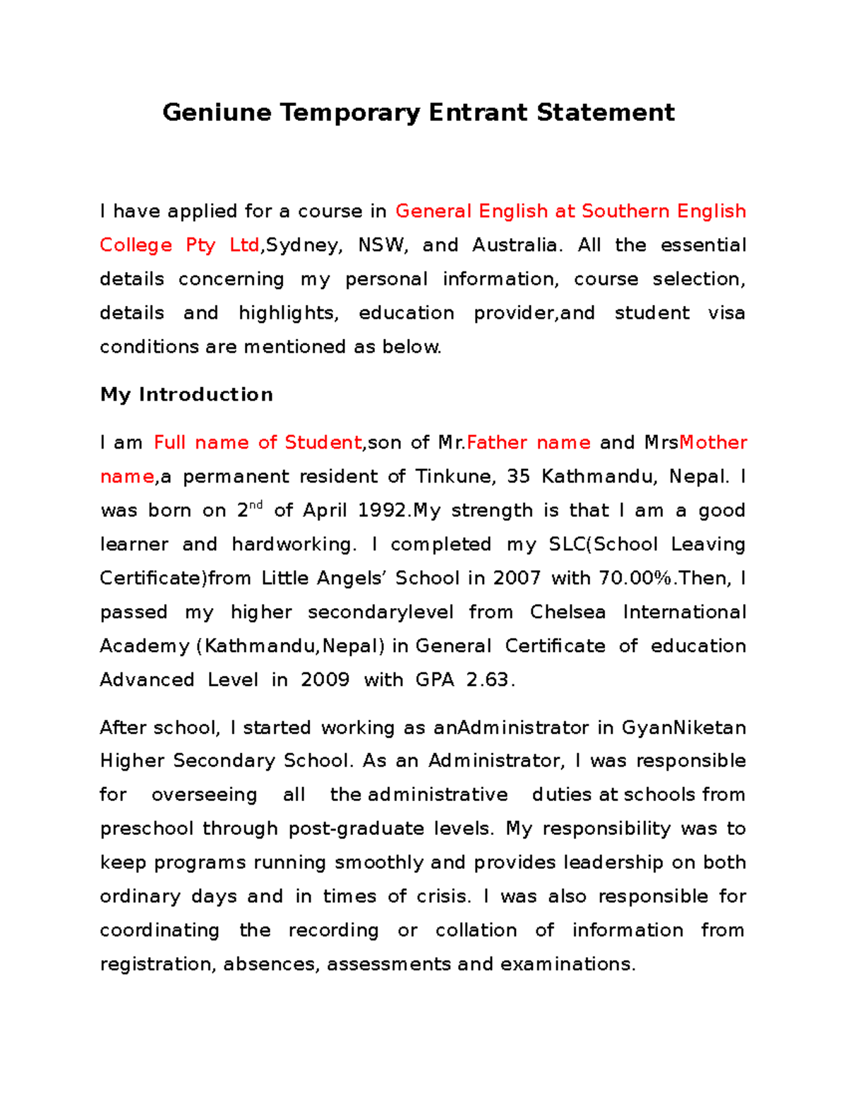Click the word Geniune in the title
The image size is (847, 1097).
pyautogui.click(x=217, y=113)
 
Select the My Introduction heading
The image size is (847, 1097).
pyautogui.click(x=186, y=394)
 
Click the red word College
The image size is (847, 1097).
pyautogui.click(x=136, y=245)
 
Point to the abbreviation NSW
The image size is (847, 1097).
pyautogui.click(x=382, y=245)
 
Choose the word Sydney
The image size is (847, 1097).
pyautogui.click(x=303, y=245)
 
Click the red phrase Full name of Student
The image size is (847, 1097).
pyautogui.click(x=258, y=443)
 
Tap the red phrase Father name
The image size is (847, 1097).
pyautogui.click(x=529, y=443)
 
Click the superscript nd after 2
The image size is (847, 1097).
pyautogui.click(x=256, y=505)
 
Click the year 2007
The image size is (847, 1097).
pyautogui.click(x=517, y=579)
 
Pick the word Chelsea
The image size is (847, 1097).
pyautogui.click(x=567, y=612)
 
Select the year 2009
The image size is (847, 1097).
pyautogui.click(x=325, y=680)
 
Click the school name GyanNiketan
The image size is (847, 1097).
pyautogui.click(x=683, y=728)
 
